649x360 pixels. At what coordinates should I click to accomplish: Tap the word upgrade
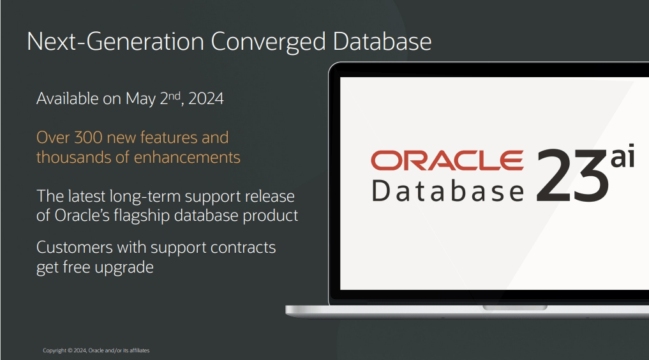pos(124,267)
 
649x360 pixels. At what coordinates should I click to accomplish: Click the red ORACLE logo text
pos(447,160)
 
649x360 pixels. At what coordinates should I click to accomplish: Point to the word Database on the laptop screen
pos(447,191)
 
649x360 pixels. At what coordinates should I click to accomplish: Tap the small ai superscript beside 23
pos(622,158)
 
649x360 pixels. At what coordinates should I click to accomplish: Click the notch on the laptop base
pos(514,308)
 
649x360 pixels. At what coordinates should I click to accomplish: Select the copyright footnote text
pos(96,350)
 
